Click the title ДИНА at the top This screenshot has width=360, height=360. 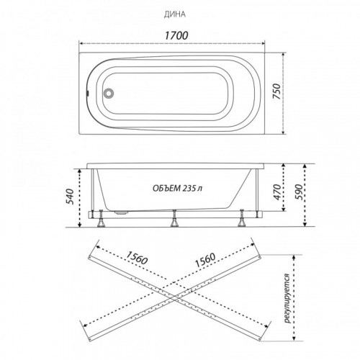tap(175, 14)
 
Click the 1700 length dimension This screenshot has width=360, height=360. tap(176, 35)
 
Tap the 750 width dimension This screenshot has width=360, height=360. tap(277, 91)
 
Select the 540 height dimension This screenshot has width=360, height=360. tap(70, 197)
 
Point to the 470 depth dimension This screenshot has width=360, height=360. tap(277, 192)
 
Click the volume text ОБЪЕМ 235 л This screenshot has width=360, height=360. tap(177, 188)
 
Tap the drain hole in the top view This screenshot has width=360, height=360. tap(109, 93)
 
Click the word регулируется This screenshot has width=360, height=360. tap(287, 298)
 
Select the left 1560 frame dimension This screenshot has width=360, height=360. tap(136, 258)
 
